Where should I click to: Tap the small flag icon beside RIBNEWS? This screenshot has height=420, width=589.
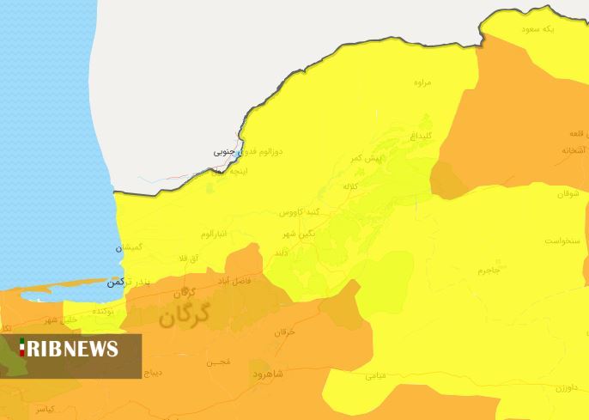(22, 348)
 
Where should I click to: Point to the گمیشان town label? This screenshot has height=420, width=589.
(131, 247)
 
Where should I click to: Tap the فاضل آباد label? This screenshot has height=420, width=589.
(254, 281)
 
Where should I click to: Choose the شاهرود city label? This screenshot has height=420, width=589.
(273, 374)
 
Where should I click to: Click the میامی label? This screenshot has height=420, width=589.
(376, 375)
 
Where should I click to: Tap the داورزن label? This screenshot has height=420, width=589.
(568, 388)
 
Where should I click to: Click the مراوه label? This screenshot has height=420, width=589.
(421, 83)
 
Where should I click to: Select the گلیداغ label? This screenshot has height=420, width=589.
(421, 137)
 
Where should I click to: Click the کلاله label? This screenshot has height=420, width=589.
(351, 186)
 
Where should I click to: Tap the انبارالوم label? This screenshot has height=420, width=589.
(215, 234)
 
